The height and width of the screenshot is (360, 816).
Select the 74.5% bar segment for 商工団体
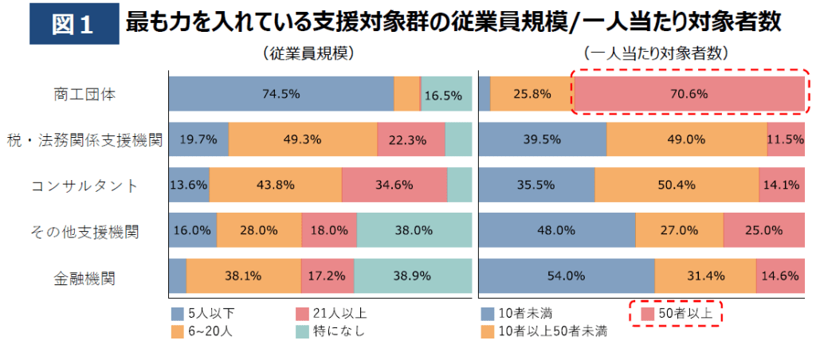[280, 93]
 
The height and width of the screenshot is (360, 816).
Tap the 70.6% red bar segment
[690, 93]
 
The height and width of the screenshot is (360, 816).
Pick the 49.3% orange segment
[303, 139]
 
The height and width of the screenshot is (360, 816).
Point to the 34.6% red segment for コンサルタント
[394, 185]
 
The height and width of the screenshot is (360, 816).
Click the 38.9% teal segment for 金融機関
[412, 276]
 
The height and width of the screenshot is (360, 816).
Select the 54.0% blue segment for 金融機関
[566, 276]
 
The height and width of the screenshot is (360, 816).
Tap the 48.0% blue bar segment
[557, 230]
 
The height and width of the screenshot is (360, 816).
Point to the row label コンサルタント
[85, 186]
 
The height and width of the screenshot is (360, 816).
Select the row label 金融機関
[85, 278]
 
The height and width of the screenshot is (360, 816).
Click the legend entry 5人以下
[204, 312]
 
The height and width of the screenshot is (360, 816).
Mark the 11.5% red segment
[786, 139]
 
